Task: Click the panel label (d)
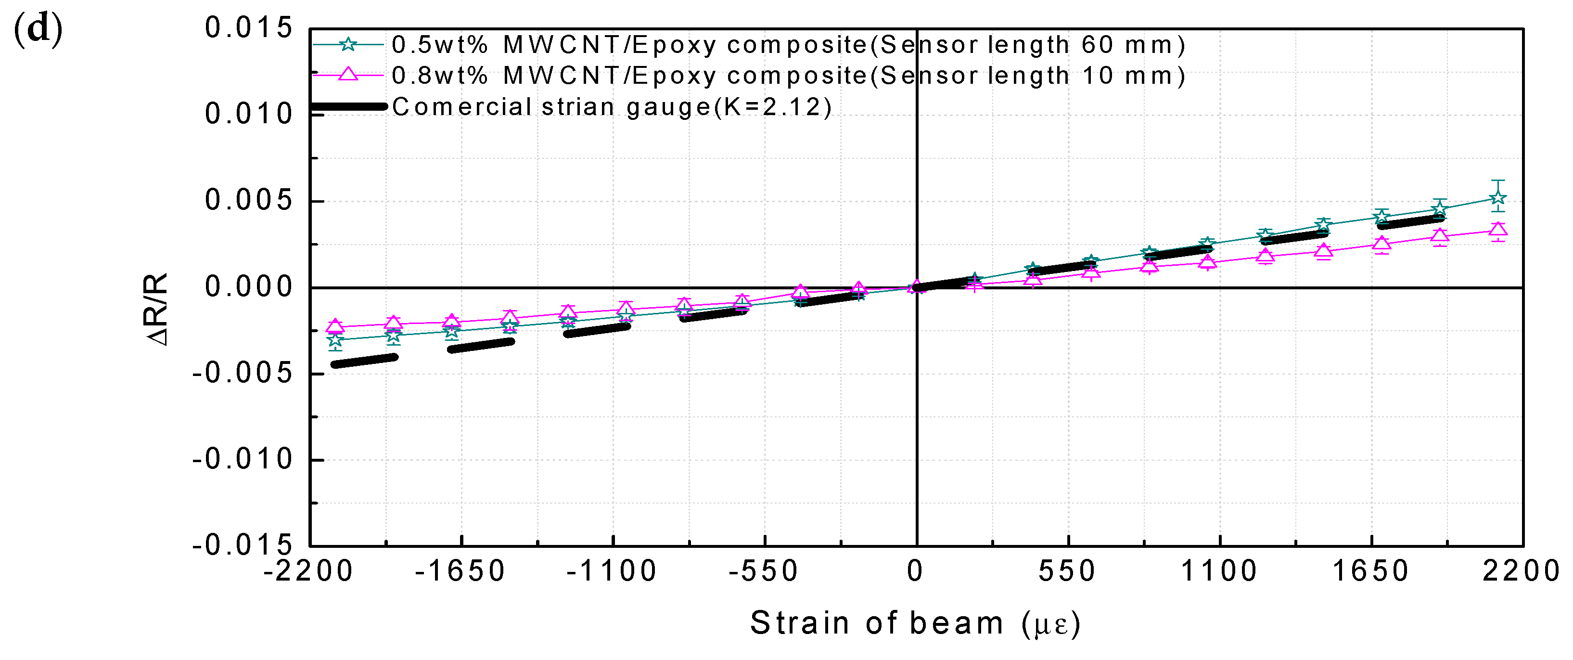click(38, 29)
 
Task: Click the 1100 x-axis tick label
click(1219, 571)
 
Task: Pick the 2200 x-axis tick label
click(1521, 571)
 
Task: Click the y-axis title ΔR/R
click(157, 309)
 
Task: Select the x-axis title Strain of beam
click(876, 623)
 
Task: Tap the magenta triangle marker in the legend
click(347, 75)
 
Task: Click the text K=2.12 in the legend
click(772, 107)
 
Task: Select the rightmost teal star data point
click(1497, 198)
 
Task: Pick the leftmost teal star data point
click(334, 340)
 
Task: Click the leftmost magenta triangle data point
click(334, 326)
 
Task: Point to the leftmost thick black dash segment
click(364, 361)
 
